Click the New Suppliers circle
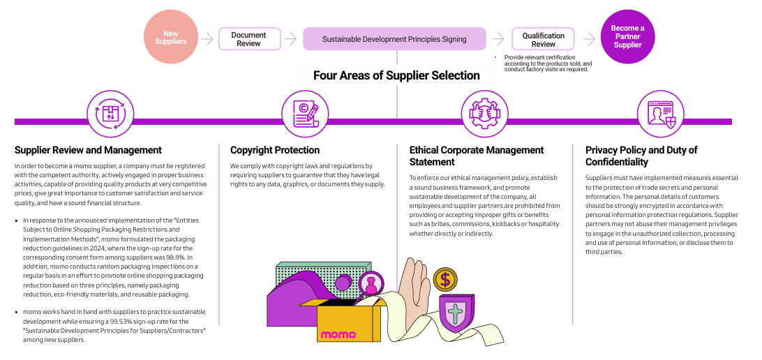(171, 38)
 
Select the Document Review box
(249, 39)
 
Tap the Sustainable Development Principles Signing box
(394, 39)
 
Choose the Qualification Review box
(544, 39)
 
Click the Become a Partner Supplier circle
(627, 38)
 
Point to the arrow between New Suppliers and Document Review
(207, 39)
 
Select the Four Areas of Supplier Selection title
(396, 75)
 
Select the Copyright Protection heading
(275, 150)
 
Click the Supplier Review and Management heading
(88, 150)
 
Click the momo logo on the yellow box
(338, 335)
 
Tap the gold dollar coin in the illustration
(444, 279)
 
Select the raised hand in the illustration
(417, 286)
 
